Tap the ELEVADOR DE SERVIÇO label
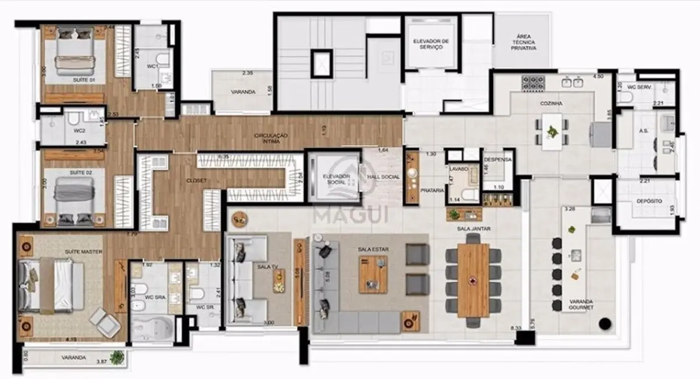click(x=431, y=44)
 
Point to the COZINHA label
click(x=550, y=103)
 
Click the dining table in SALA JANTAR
click(x=473, y=279)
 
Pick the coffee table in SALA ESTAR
click(x=373, y=274)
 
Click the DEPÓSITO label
click(x=649, y=201)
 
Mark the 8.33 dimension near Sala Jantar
click(x=515, y=329)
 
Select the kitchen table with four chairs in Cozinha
click(x=551, y=129)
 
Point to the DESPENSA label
click(x=498, y=159)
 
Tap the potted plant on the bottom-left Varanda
click(x=118, y=357)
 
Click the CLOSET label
click(x=196, y=181)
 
